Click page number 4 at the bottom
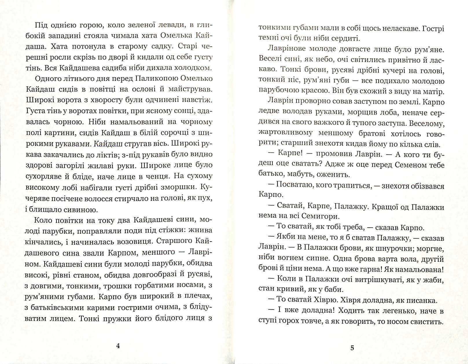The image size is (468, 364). tap(118, 346)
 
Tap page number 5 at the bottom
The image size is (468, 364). tap(352, 348)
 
